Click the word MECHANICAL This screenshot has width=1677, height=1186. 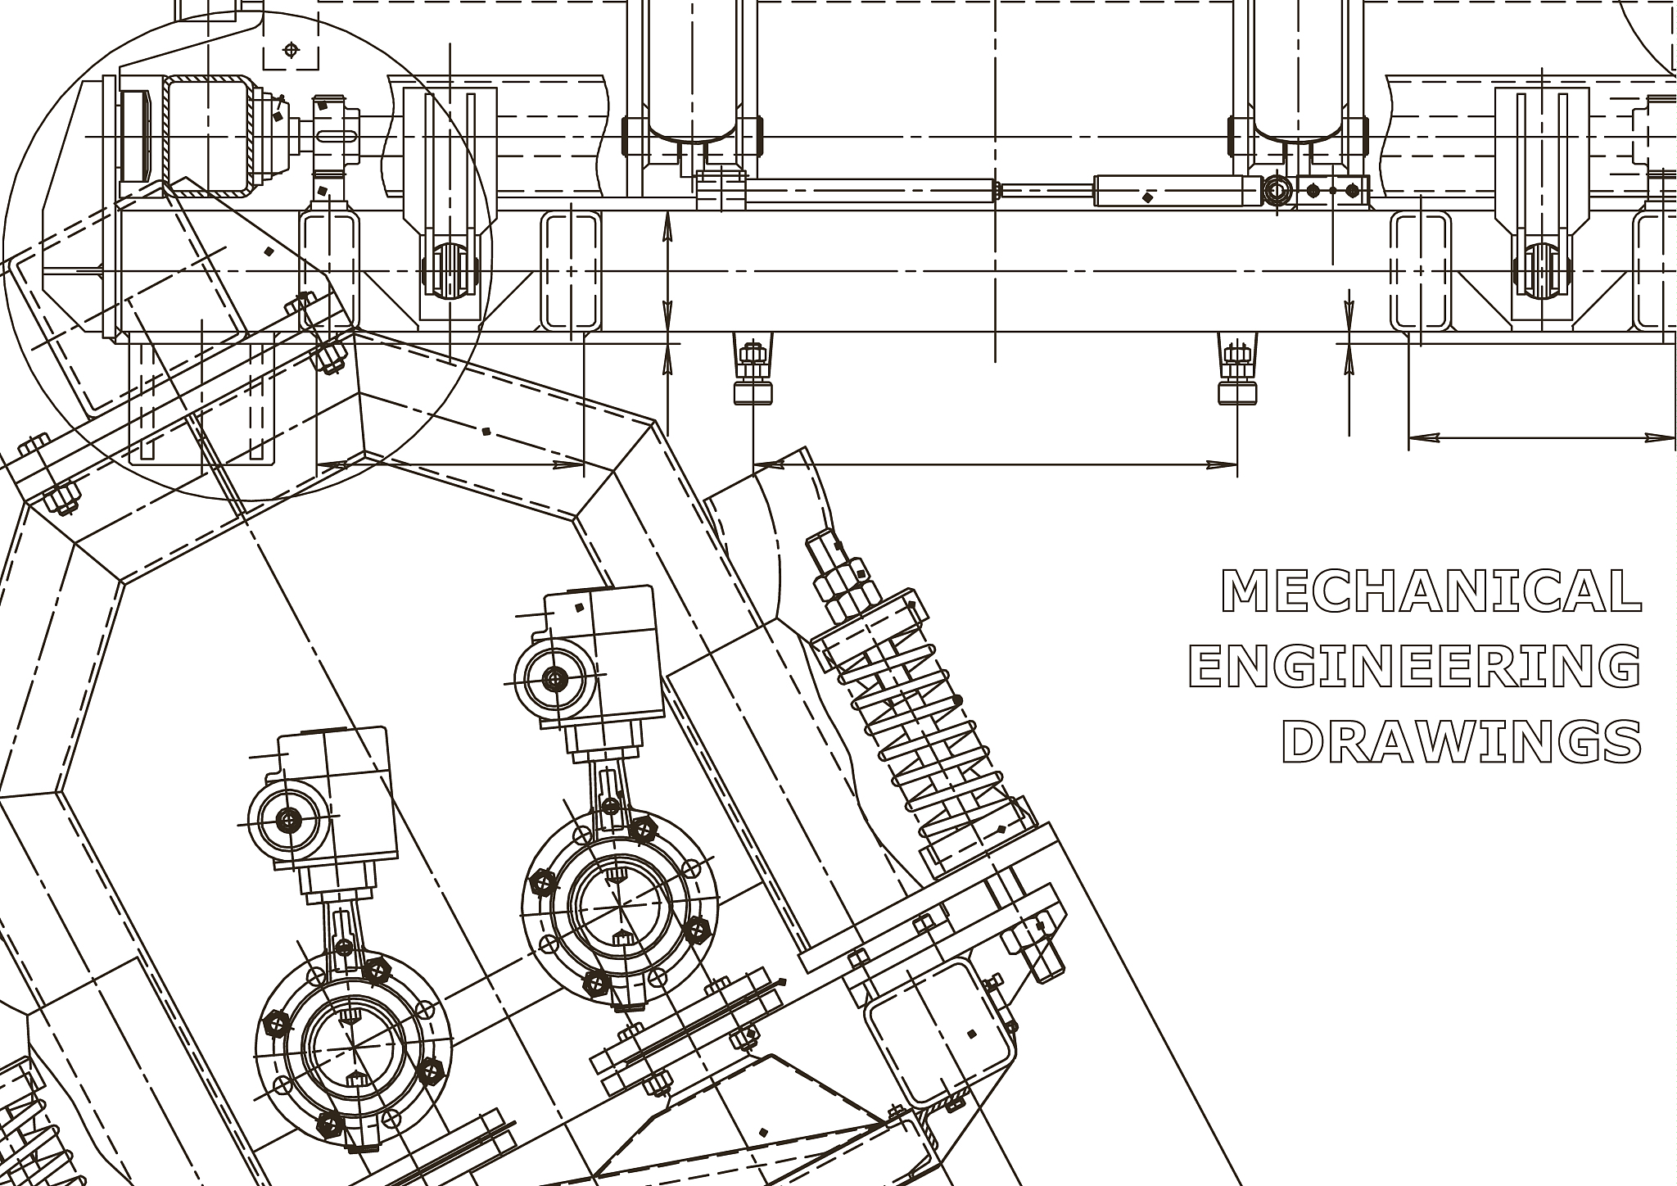pos(1431,591)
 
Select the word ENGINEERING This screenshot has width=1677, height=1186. pos(1415,666)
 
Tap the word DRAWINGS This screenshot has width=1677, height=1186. pos(1462,741)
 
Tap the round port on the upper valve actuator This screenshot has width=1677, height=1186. pos(556,677)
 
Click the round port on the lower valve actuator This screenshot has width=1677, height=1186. pos(289,818)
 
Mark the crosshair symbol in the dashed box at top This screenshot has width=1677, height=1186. pos(291,51)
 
